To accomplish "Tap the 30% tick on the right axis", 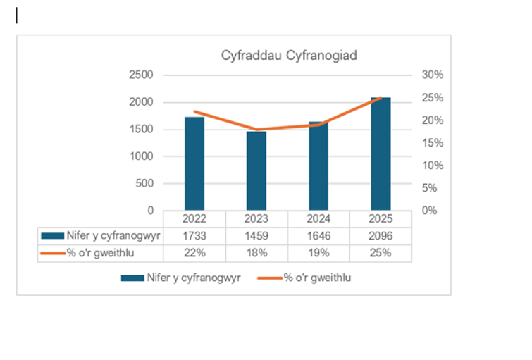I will point(433,75).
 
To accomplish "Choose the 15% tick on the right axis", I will point(433,143).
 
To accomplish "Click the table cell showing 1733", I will point(194,236).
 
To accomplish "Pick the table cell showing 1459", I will point(256,236).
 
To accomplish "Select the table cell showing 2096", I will point(381,236).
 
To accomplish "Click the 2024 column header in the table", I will point(318,218).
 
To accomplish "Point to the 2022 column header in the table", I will point(194,218).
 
